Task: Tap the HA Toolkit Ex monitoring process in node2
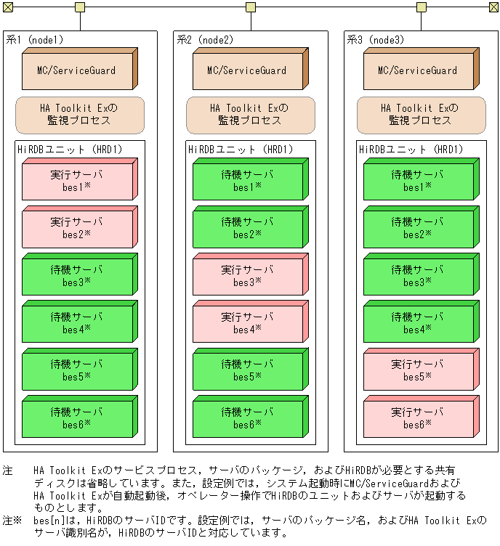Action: [x=250, y=115]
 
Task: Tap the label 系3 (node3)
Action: [x=375, y=40]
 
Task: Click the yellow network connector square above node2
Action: [x=250, y=7]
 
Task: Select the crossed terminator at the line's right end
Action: [x=494, y=7]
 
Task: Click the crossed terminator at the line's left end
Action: [x=7, y=7]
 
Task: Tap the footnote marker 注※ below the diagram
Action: [x=10, y=521]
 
